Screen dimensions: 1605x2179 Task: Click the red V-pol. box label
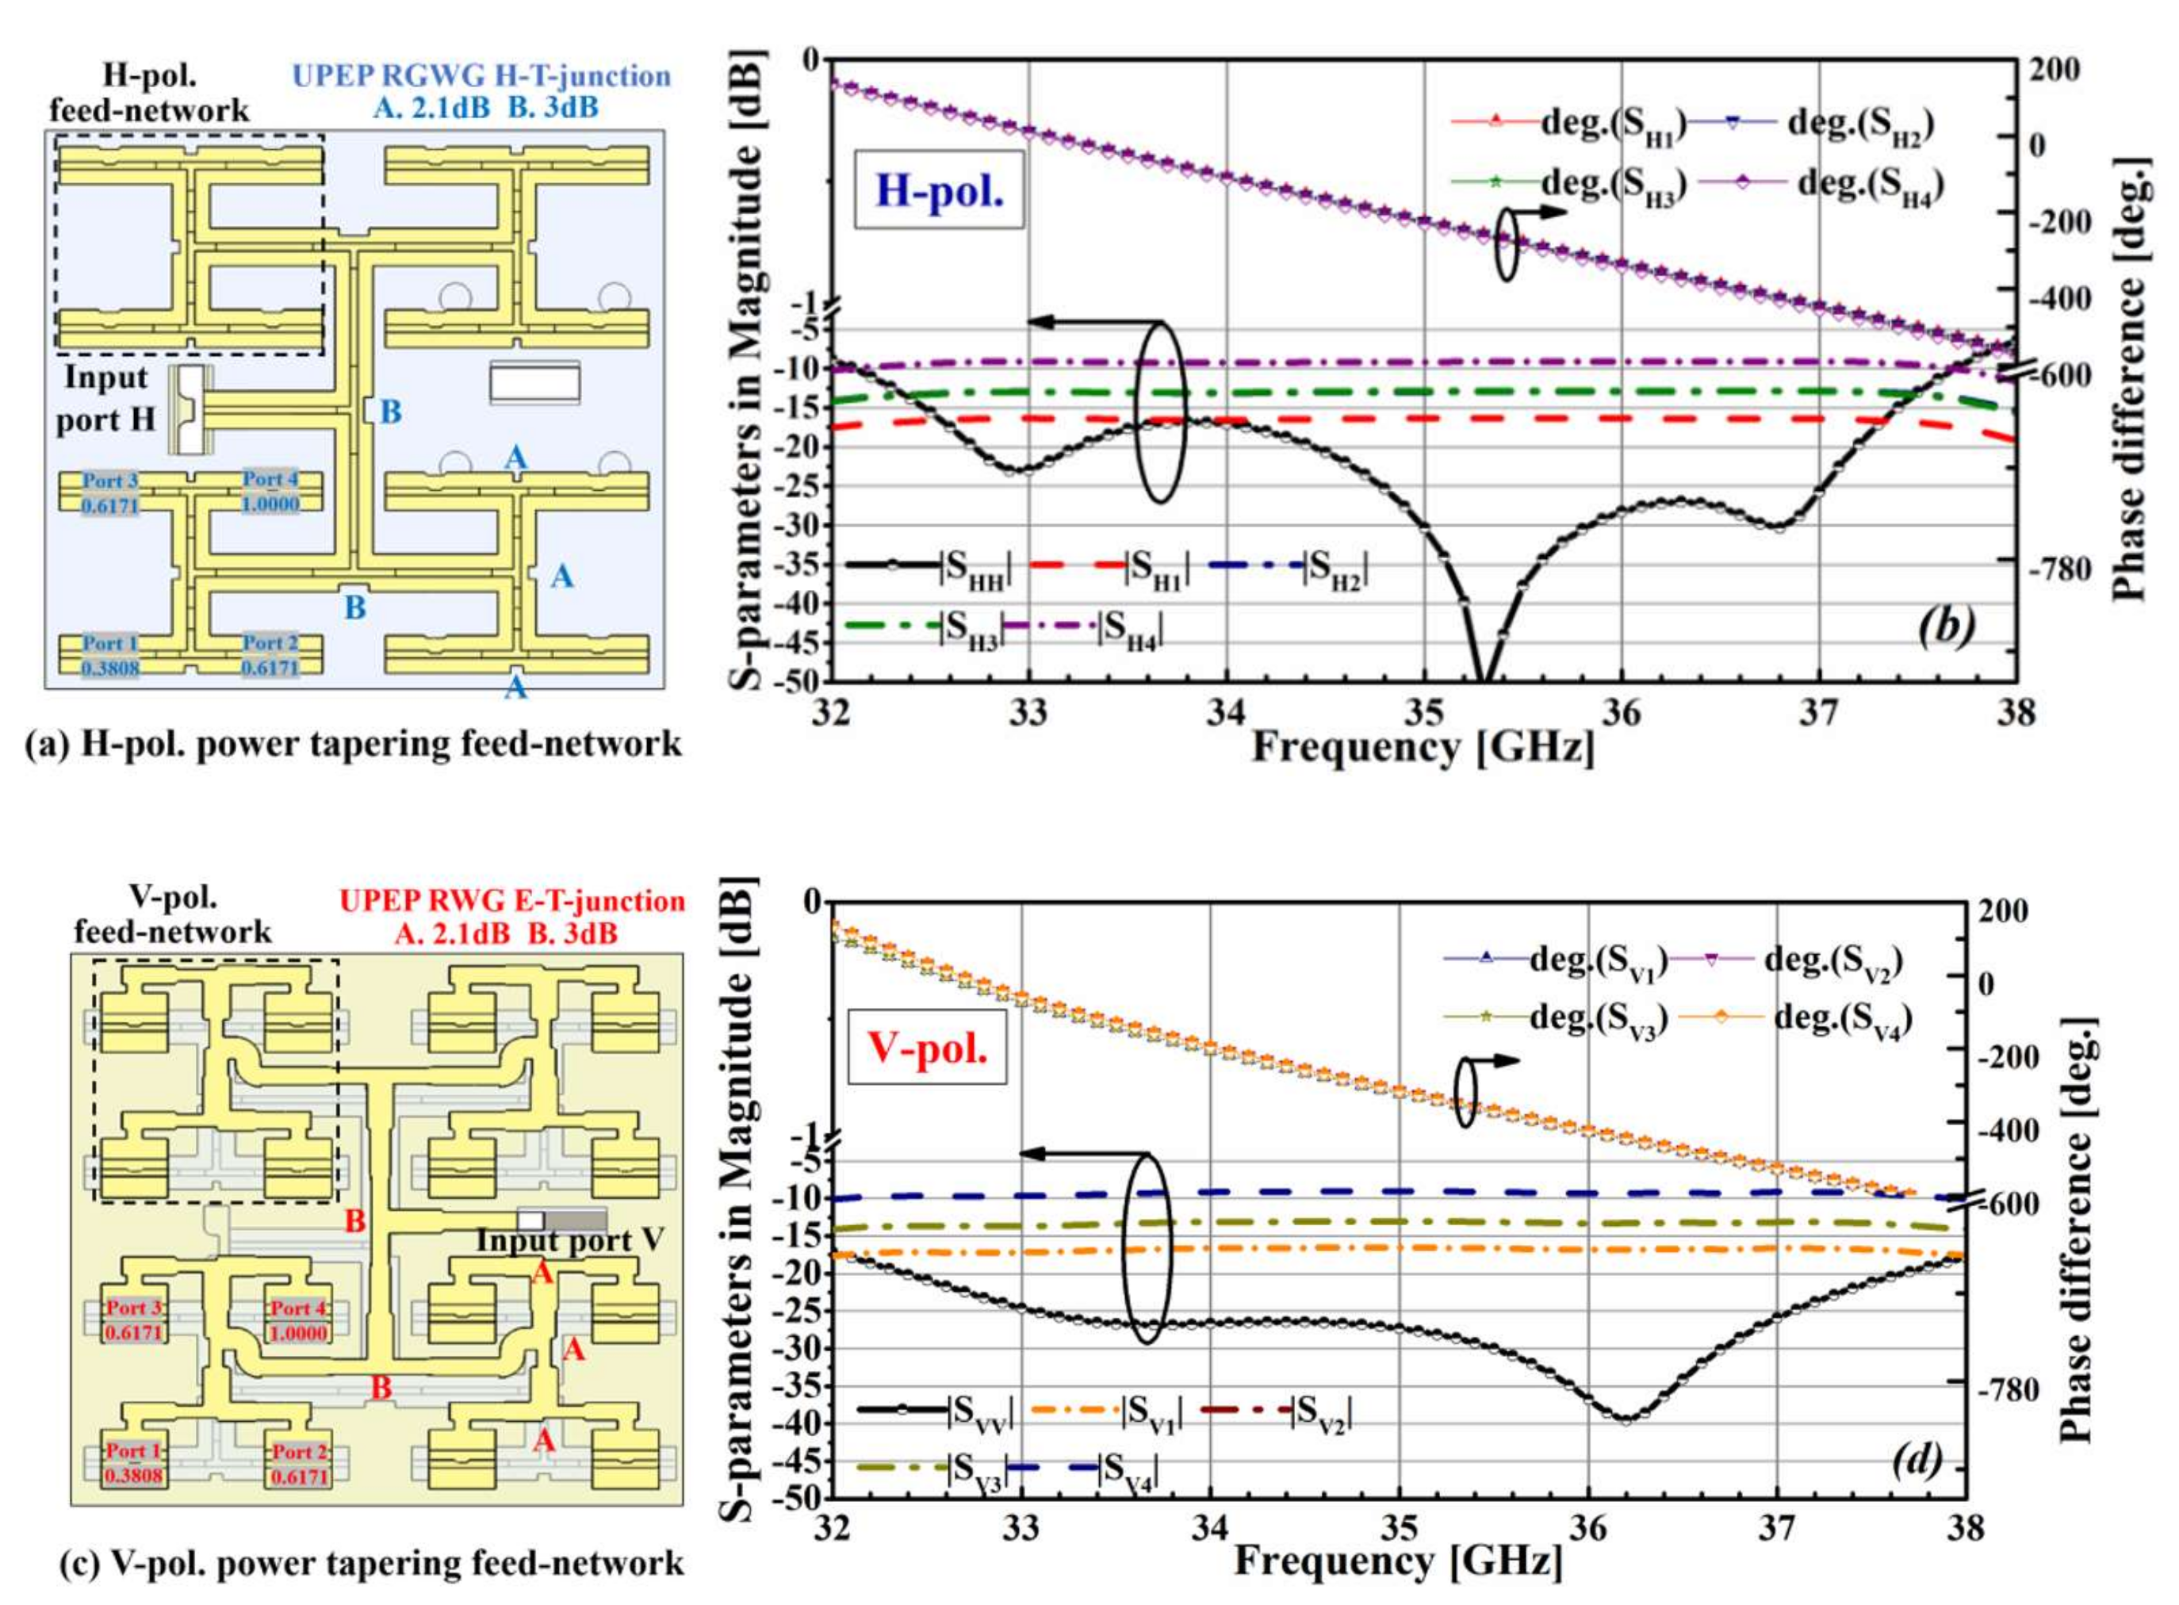(927, 1048)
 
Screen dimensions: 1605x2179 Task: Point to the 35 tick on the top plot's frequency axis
(1423, 713)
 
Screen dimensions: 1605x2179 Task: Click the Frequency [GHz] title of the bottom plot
(1398, 1561)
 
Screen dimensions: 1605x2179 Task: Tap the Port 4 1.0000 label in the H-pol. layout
(270, 492)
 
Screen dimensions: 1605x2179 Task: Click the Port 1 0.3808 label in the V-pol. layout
(133, 1464)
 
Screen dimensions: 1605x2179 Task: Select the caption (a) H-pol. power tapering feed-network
(354, 744)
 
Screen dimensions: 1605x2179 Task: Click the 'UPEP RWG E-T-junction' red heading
(512, 901)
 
